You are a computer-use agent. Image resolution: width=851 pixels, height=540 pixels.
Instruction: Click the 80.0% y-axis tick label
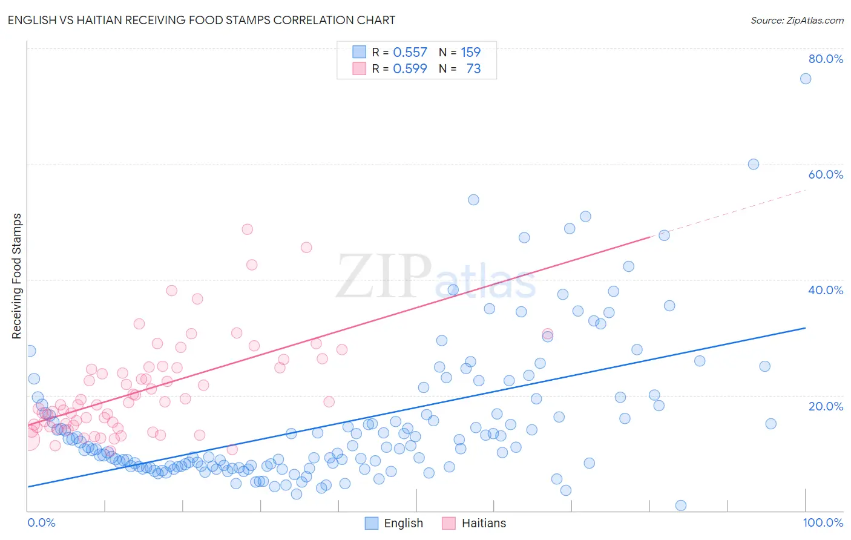click(x=826, y=59)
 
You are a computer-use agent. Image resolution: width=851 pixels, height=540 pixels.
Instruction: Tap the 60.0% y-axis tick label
click(x=826, y=174)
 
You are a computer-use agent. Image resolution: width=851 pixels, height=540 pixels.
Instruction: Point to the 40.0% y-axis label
click(x=826, y=290)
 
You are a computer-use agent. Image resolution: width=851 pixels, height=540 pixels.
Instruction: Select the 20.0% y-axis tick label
click(x=826, y=406)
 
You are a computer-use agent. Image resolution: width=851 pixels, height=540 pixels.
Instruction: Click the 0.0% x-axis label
click(x=41, y=522)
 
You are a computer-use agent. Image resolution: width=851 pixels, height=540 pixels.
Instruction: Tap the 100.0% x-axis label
click(x=823, y=522)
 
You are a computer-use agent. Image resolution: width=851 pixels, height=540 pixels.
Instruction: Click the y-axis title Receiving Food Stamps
click(x=16, y=276)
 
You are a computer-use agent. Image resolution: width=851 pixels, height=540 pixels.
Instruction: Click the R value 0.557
click(x=410, y=53)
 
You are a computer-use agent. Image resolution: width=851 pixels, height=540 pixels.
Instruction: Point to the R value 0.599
click(x=410, y=69)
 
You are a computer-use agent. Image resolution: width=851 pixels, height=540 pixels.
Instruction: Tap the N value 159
click(x=470, y=53)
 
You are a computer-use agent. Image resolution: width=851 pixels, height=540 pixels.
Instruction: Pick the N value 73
click(x=473, y=69)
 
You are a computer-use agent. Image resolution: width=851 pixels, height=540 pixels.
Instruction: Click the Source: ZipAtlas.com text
click(x=797, y=21)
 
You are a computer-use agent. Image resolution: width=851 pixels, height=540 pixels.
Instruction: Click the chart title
click(x=202, y=21)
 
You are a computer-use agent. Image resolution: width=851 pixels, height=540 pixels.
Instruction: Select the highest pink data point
click(x=247, y=229)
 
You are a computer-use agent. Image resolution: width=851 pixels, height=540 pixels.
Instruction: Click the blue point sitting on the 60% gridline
click(x=753, y=164)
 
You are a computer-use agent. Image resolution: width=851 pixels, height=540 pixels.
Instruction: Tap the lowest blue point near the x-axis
click(x=680, y=505)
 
